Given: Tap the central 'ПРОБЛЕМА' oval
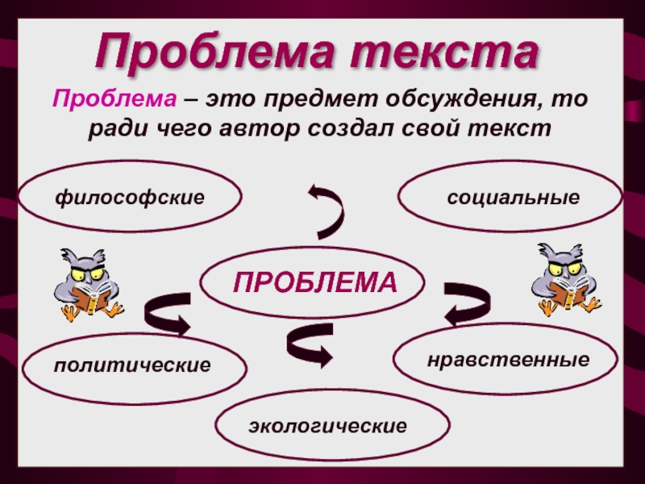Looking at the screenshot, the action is pyautogui.click(x=315, y=282).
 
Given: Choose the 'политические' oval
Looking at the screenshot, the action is pyautogui.click(x=132, y=365).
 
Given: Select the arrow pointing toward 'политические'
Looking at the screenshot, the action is pyautogui.click(x=167, y=313).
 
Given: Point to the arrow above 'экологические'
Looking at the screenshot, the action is pyautogui.click(x=309, y=345).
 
